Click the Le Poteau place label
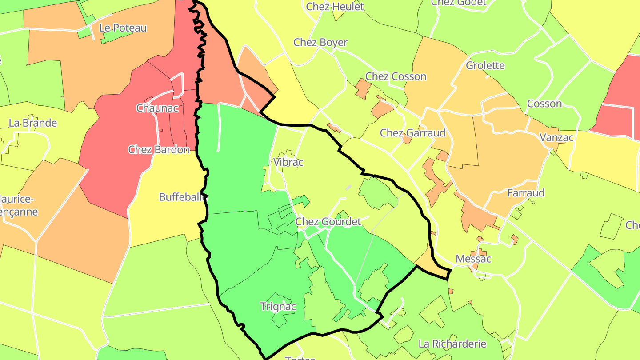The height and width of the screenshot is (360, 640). click(x=123, y=28)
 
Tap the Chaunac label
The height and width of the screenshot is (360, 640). click(x=158, y=108)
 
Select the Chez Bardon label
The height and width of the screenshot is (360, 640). click(x=159, y=150)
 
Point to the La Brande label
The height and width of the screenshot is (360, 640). click(x=33, y=123)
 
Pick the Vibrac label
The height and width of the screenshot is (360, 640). click(x=288, y=162)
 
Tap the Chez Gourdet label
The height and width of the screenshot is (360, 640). click(x=328, y=221)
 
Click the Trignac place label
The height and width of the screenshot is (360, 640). click(x=278, y=307)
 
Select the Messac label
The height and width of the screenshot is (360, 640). click(x=473, y=259)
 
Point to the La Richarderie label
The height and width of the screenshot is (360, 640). click(x=452, y=344)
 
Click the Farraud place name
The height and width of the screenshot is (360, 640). click(x=526, y=193)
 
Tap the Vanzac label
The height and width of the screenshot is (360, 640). click(x=556, y=138)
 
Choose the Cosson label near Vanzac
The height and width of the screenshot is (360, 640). click(x=544, y=104)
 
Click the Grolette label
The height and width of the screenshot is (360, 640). click(x=485, y=66)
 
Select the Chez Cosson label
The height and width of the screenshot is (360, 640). click(x=396, y=76)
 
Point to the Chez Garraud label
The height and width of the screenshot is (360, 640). click(x=412, y=133)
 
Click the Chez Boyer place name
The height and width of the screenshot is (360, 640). click(x=320, y=43)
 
